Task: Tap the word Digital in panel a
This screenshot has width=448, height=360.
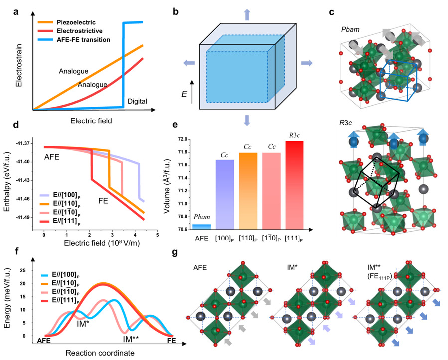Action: pyautogui.click(x=137, y=101)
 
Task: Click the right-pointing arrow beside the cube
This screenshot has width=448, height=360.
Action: pyautogui.click(x=308, y=63)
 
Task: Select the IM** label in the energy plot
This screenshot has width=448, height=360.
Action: pyautogui.click(x=133, y=340)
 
